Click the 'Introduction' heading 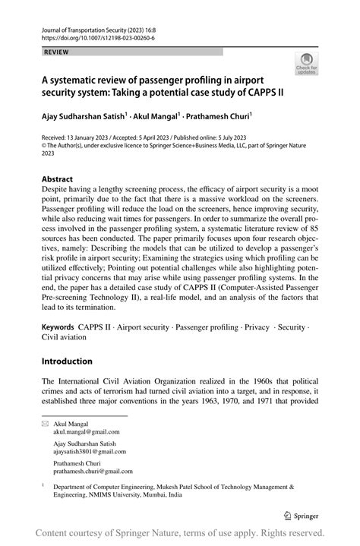[67, 361]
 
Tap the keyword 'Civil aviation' [65, 337]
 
